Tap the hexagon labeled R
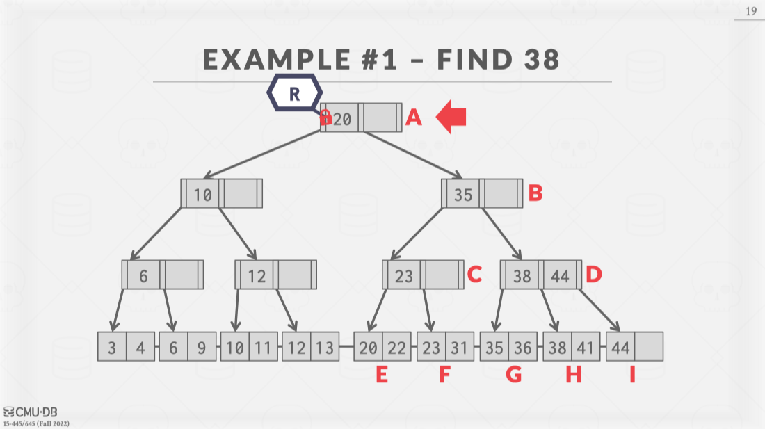pos(295,94)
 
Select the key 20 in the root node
pos(342,118)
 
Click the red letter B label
pos(535,193)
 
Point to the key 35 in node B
pos(462,194)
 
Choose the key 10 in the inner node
pos(202,194)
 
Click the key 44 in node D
pos(560,276)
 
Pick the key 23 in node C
pos(403,276)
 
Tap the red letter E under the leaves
pos(382,375)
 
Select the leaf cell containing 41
pos(586,347)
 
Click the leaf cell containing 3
pos(112,347)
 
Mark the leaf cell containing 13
pos(324,347)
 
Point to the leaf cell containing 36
pos(522,347)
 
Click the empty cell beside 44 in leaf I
pos(649,347)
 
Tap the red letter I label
pos(632,375)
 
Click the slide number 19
pos(751,11)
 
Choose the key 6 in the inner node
pos(143,276)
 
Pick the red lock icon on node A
pos(325,118)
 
